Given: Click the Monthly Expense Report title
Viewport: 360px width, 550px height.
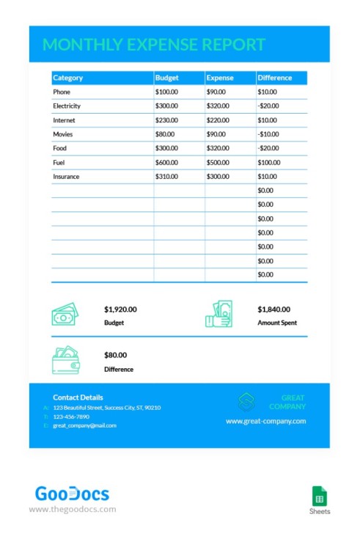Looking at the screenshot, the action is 154,45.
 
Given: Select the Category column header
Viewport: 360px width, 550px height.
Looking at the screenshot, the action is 68,78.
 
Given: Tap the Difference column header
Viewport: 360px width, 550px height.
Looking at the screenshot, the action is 275,78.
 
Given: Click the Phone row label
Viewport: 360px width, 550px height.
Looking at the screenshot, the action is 62,92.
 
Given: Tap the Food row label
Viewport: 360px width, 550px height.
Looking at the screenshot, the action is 59,148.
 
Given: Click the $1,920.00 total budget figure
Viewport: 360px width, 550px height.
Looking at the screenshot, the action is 120,309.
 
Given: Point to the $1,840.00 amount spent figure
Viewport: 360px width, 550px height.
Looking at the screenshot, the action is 274,309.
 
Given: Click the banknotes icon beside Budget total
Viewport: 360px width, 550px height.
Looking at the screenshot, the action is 65,315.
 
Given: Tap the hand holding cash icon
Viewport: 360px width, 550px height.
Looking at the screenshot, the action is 218,314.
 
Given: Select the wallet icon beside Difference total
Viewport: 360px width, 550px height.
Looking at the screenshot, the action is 65,360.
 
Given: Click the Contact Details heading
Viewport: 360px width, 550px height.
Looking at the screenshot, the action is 78,397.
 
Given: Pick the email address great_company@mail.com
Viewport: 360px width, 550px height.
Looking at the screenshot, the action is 84,425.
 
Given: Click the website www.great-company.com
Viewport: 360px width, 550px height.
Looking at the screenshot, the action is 265,421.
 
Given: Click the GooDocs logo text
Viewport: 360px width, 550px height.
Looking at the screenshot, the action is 72,493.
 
